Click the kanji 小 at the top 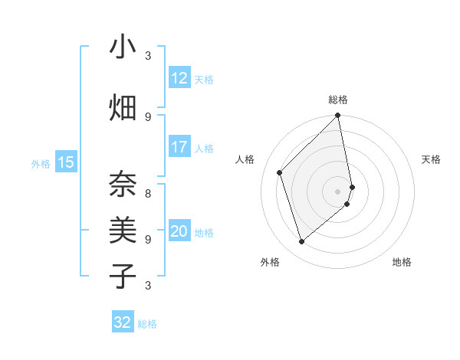tap(123, 47)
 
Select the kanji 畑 tap(123, 107)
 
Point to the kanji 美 tap(123, 230)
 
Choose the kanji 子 tap(123, 276)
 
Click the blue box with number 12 tap(179, 78)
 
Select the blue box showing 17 tap(179, 147)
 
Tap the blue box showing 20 tap(179, 232)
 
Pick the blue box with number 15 tap(66, 162)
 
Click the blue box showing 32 tap(123, 322)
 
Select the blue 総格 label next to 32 tap(147, 324)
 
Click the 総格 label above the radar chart tap(338, 100)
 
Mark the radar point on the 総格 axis tap(338, 116)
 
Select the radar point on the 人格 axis tap(280, 172)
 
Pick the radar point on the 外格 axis tap(301, 242)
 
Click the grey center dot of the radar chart tap(338, 191)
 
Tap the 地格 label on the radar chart tap(402, 262)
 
